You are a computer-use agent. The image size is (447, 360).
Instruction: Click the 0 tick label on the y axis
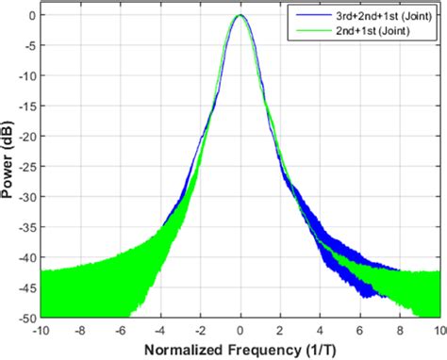[x=30, y=16]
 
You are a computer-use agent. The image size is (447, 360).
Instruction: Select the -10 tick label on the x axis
[x=41, y=331]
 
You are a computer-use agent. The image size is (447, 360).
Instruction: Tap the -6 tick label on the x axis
[x=120, y=331]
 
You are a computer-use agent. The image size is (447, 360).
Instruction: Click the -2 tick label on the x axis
[x=199, y=331]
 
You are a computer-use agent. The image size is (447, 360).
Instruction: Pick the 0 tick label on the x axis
[x=240, y=331]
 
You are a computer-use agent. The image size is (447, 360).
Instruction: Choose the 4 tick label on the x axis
[x=321, y=331]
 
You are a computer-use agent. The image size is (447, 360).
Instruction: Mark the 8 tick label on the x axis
[x=400, y=331]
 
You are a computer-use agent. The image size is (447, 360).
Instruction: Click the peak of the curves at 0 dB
[x=240, y=16]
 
